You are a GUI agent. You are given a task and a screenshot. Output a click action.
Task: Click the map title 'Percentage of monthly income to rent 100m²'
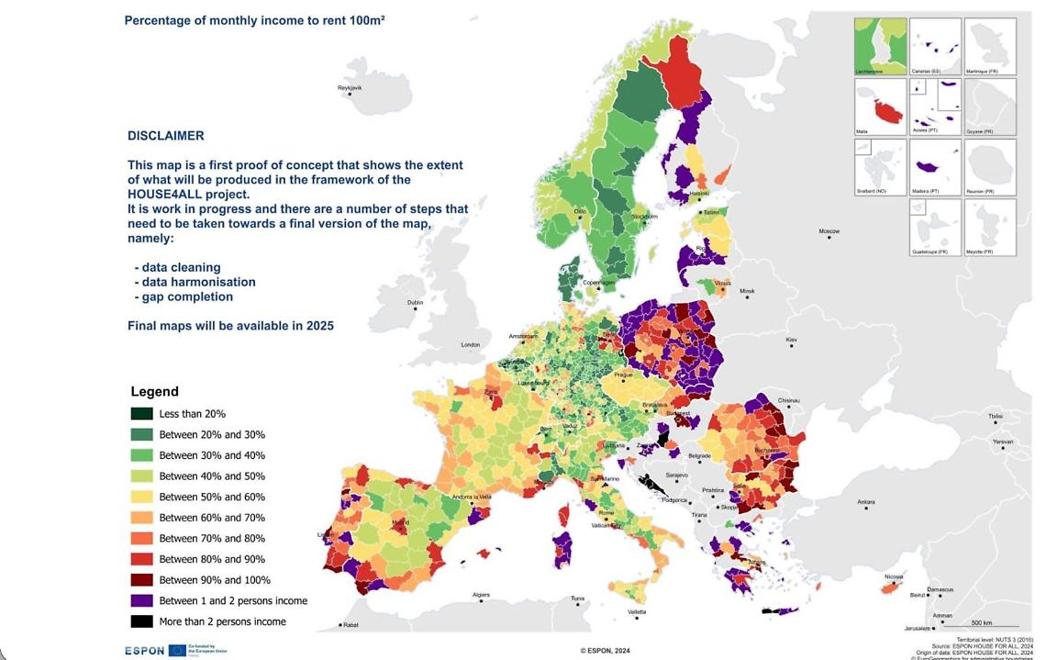(x=254, y=19)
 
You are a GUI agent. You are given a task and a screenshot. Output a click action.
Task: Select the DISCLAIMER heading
(x=165, y=136)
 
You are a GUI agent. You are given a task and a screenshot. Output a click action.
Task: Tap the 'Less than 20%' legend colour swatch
(x=141, y=414)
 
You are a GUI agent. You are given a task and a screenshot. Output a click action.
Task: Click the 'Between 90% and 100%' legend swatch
(x=141, y=580)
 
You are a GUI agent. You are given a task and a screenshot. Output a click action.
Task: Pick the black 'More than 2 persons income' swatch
(x=141, y=621)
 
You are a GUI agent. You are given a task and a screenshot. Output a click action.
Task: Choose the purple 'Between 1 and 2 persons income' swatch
(x=141, y=601)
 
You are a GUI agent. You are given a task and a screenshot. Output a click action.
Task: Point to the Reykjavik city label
(x=350, y=87)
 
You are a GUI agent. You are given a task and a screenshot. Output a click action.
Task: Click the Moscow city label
(x=829, y=231)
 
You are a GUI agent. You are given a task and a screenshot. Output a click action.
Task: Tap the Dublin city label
(x=415, y=302)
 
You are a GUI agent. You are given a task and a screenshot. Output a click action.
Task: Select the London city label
(x=470, y=345)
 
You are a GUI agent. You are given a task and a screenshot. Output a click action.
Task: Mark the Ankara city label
(x=865, y=502)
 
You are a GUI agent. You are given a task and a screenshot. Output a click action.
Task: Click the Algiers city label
(x=481, y=595)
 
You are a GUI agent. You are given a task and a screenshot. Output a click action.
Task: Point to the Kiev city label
(x=791, y=340)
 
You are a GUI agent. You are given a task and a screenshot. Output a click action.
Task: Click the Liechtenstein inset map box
(x=879, y=46)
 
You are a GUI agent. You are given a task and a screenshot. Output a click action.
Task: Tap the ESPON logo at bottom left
(x=145, y=650)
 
